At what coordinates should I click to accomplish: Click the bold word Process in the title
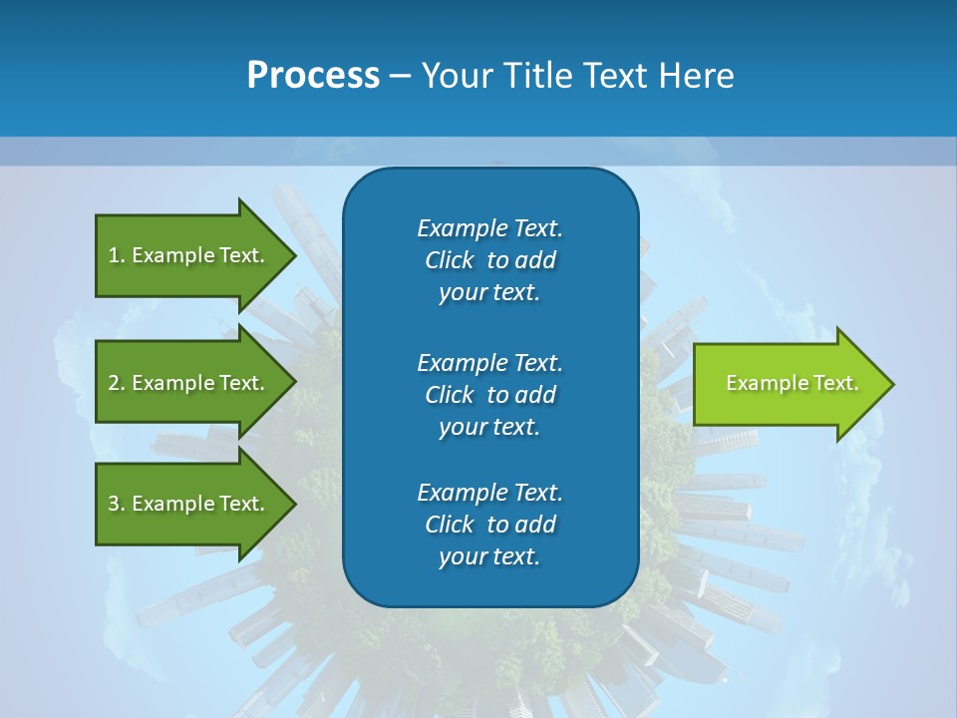pos(313,75)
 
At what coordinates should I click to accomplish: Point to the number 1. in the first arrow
pos(117,255)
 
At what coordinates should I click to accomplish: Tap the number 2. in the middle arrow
pos(117,383)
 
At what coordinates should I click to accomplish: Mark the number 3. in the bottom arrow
pos(117,504)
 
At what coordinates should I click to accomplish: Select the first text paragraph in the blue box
pos(489,260)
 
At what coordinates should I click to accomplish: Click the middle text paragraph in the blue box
pos(489,394)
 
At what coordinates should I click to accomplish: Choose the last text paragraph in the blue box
pos(489,525)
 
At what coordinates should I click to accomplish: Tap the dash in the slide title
pos(401,76)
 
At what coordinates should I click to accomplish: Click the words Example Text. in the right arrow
pos(792,383)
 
